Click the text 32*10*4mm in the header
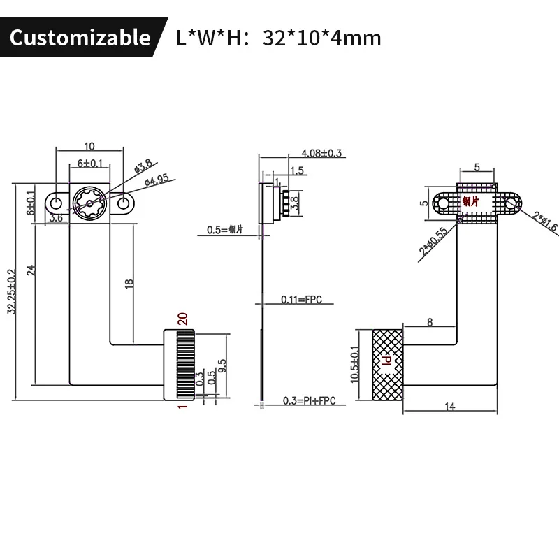tap(321, 37)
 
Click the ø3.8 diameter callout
tap(144, 168)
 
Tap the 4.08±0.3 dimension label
tap(321, 153)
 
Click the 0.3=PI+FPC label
tap(305, 400)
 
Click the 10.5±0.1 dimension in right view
tap(354, 363)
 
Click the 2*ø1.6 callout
tap(543, 222)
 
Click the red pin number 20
tap(182, 318)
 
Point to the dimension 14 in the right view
tap(449, 406)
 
